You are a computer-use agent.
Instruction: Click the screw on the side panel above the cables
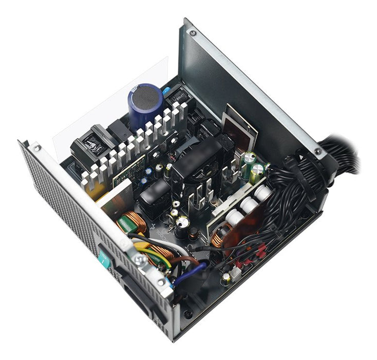(x=318, y=152)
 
